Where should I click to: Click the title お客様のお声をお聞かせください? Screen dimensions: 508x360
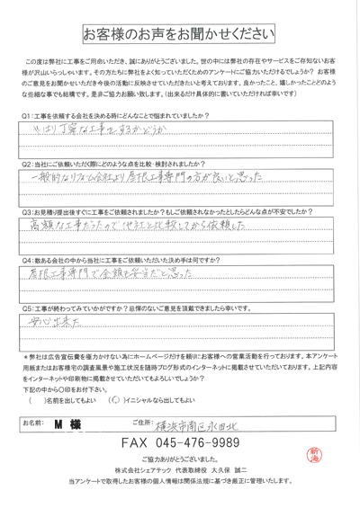pyautogui.click(x=180, y=33)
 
